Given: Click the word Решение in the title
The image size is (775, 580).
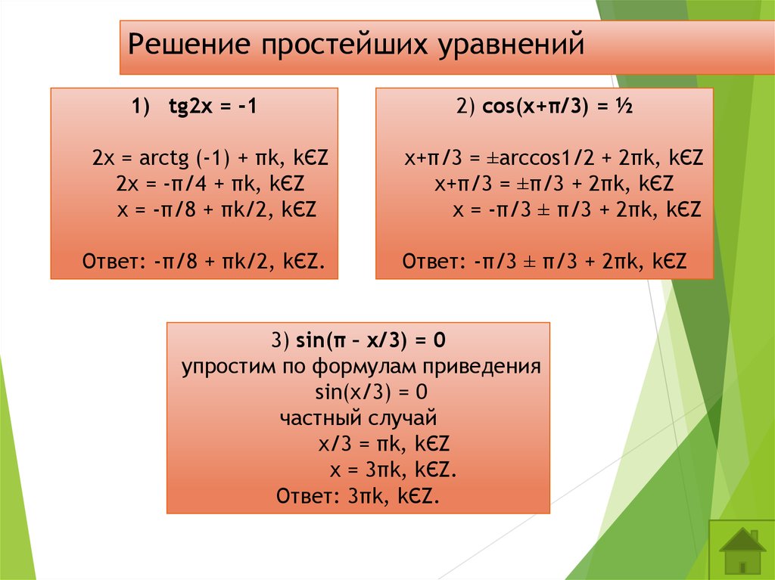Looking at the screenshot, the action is click(189, 44).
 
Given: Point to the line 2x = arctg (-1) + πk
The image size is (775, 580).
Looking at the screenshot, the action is click(210, 158).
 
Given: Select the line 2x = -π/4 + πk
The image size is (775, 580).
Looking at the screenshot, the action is click(210, 184).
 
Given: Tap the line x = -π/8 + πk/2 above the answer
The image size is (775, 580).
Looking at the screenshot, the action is click(216, 209).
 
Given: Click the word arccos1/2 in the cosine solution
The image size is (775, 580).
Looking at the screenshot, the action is click(546, 158).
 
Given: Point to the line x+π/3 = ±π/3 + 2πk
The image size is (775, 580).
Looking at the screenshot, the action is click(554, 184).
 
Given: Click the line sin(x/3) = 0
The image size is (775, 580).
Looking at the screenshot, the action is click(371, 392).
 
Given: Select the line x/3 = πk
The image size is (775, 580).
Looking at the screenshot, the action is click(384, 444).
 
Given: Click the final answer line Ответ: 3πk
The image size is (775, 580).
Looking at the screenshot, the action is click(358, 495).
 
